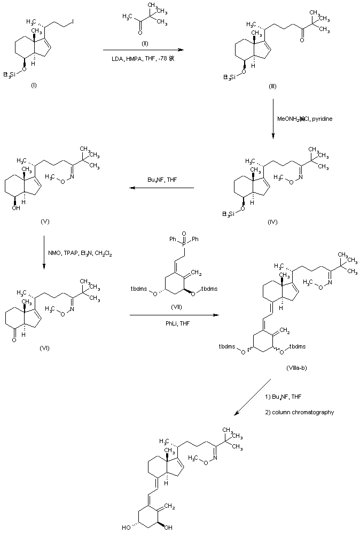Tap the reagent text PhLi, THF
pyautogui.click(x=174, y=323)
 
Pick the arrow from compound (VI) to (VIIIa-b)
pyautogui.click(x=174, y=316)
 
